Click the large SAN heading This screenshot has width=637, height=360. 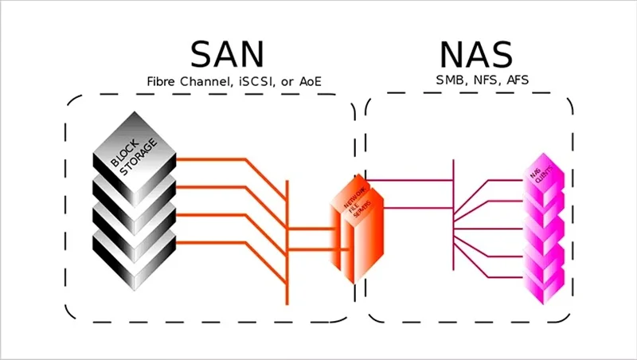point(226,54)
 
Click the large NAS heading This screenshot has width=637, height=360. point(476,54)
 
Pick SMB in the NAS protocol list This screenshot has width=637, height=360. point(450,80)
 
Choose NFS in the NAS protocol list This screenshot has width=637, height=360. point(485,80)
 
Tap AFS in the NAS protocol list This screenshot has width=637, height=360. point(517,80)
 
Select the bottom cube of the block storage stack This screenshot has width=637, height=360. point(131,259)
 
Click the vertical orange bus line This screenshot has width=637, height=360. point(287,239)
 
